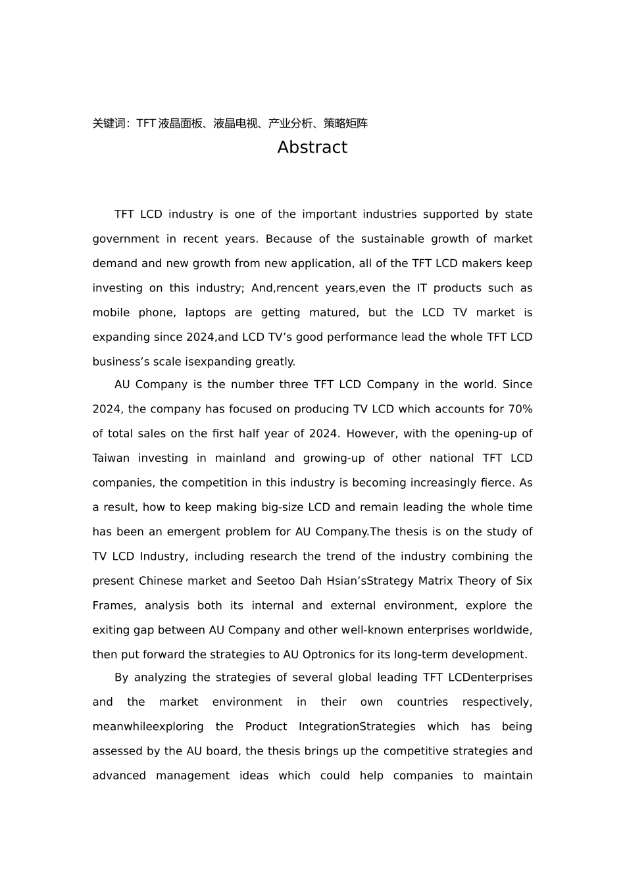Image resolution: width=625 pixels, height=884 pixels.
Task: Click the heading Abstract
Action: coord(312,147)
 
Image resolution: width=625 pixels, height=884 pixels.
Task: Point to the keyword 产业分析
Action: coord(291,124)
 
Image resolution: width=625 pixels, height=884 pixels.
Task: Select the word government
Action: coord(116,239)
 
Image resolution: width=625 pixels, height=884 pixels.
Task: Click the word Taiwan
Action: coord(111,458)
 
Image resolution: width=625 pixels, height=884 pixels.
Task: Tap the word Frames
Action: coord(113,606)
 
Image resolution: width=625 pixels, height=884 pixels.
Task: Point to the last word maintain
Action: coord(508,776)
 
